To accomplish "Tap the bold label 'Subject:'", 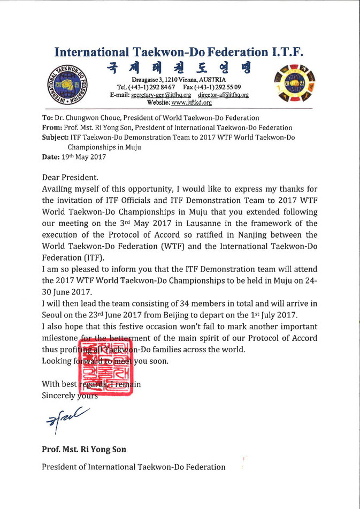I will [55, 137].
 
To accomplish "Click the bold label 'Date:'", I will [51, 157].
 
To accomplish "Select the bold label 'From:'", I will [52, 127].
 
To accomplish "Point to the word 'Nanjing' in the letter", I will [255, 234].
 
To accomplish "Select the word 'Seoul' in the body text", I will [53, 314].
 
